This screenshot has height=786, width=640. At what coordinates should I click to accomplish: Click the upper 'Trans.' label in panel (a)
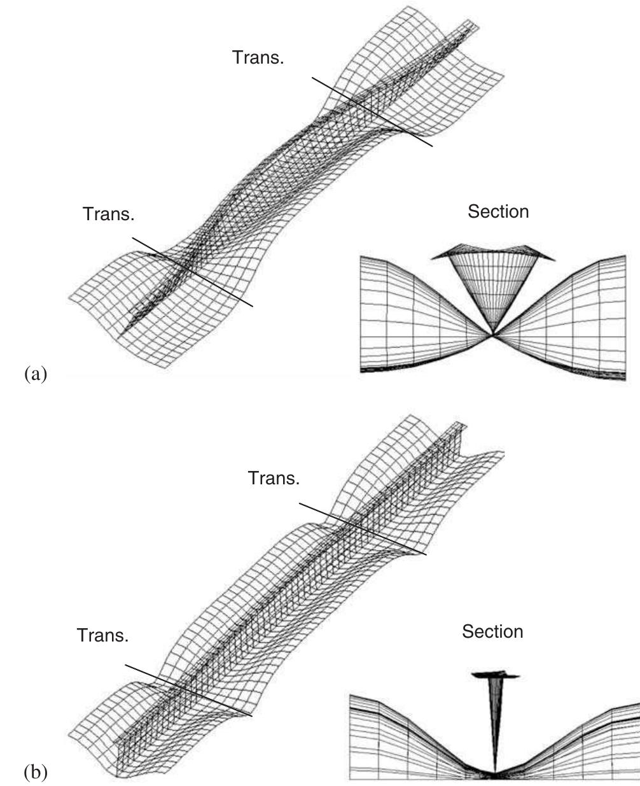[258, 58]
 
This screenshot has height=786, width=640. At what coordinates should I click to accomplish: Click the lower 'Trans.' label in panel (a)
[108, 214]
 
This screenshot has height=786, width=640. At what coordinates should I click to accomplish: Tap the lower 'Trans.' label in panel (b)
[102, 635]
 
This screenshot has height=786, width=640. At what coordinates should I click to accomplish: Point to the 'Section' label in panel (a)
[498, 211]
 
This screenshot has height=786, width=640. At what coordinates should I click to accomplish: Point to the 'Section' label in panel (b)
[492, 631]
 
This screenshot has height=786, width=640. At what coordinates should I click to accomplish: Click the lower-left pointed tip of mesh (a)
[122, 330]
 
